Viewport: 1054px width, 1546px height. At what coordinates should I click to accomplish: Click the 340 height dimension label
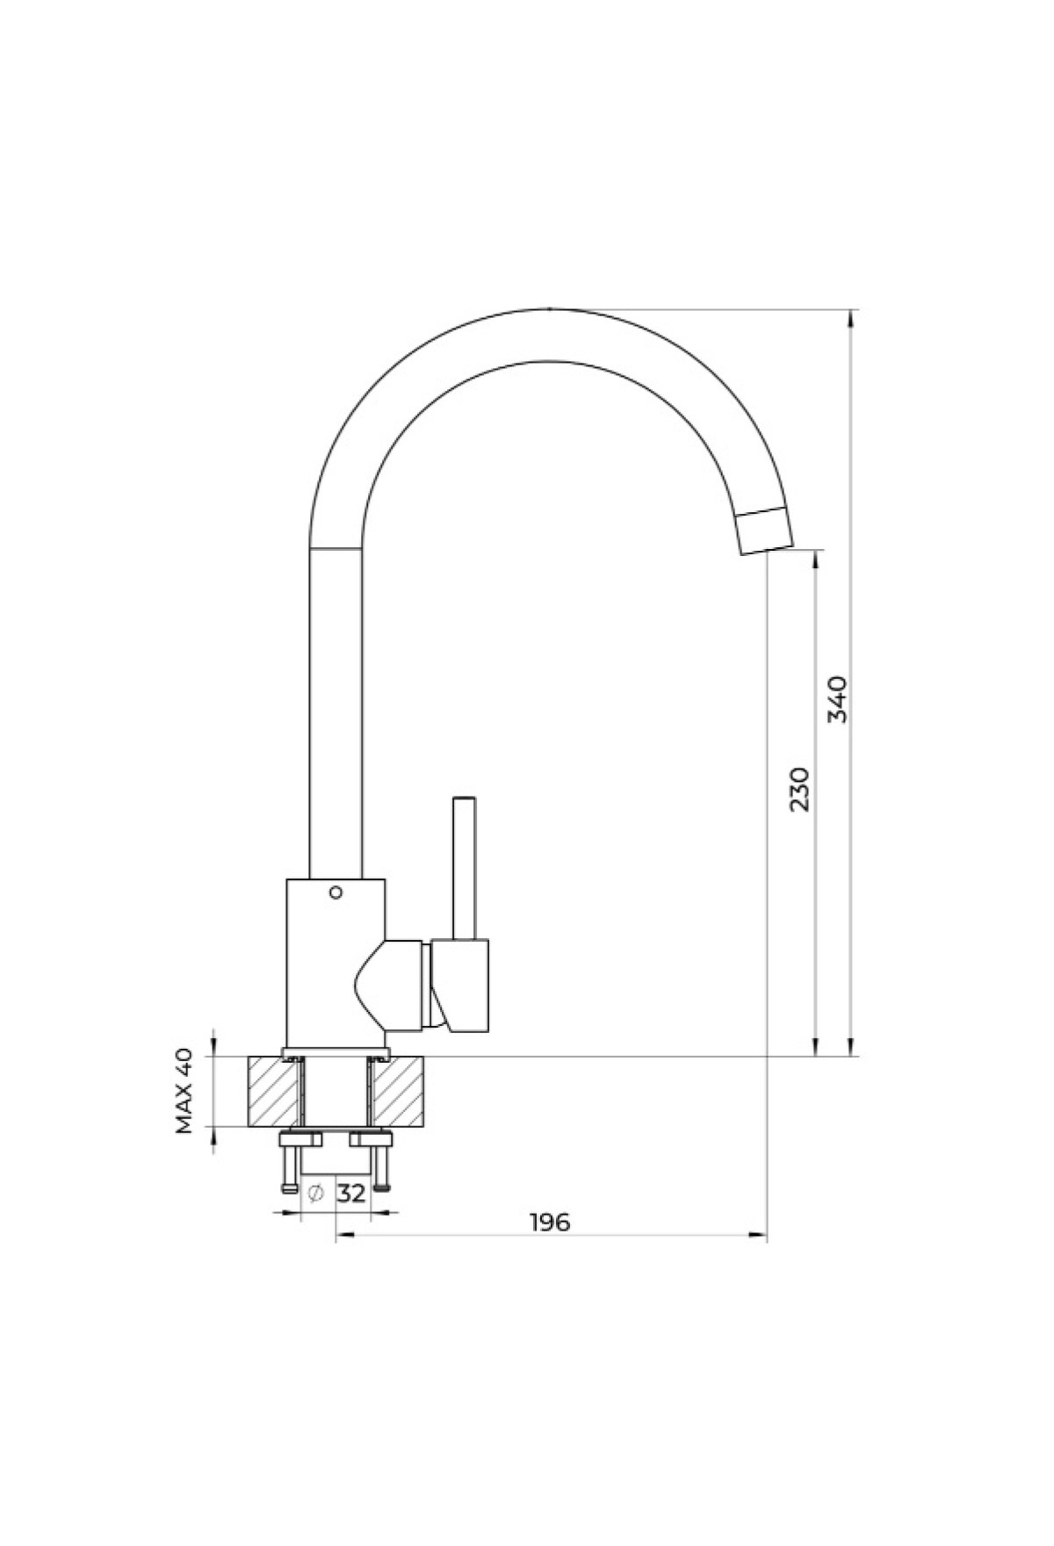tap(839, 698)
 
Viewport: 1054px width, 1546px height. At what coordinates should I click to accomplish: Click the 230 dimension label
tap(799, 789)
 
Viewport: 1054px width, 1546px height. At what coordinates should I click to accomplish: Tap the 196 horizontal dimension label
tap(550, 1222)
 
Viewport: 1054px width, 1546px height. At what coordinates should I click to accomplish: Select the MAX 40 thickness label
tap(184, 1091)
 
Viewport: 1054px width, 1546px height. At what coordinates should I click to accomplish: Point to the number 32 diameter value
tap(351, 1194)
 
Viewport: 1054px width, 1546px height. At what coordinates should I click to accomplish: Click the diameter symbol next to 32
tap(317, 1194)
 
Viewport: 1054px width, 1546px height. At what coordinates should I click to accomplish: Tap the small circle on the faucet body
tap(335, 893)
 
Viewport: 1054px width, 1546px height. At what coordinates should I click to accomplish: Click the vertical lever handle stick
tap(464, 868)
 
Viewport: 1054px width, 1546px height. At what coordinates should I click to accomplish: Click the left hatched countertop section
tap(273, 1091)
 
